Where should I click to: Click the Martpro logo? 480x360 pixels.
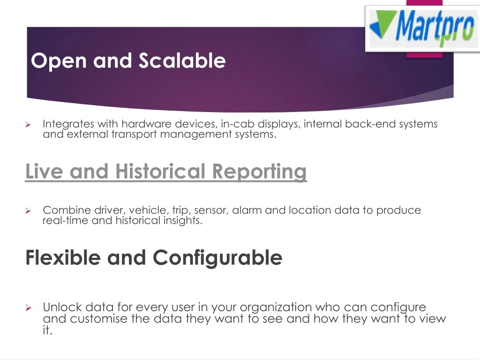click(x=423, y=29)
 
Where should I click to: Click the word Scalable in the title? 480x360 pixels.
click(x=182, y=60)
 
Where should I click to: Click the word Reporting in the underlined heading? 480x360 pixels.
click(x=259, y=172)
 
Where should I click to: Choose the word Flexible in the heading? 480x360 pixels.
click(x=63, y=257)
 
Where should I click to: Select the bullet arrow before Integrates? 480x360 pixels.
click(x=28, y=124)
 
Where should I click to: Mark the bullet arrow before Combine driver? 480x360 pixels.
click(x=28, y=210)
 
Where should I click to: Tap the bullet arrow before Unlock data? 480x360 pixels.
click(x=29, y=307)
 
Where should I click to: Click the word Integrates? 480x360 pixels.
click(x=68, y=124)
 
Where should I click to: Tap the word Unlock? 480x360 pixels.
click(x=62, y=307)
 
